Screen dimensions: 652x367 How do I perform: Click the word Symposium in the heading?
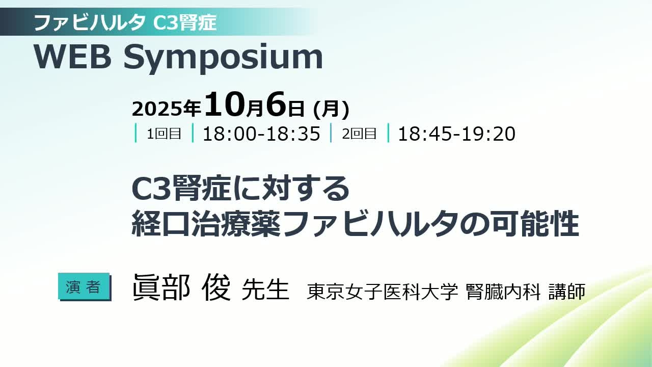(223, 58)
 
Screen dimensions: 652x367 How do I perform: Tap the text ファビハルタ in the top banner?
(90, 22)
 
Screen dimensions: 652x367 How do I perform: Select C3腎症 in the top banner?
(184, 22)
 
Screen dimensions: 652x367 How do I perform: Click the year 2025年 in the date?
(167, 109)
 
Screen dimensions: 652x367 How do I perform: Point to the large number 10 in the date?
(225, 104)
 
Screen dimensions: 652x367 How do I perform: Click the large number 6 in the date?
(276, 104)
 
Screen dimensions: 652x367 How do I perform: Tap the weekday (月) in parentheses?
(331, 109)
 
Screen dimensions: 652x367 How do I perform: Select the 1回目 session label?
(164, 134)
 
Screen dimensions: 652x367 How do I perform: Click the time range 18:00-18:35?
(261, 134)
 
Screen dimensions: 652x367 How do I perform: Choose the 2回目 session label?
(359, 134)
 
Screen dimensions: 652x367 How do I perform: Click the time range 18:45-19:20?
(456, 134)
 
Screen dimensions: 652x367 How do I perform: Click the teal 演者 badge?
(84, 286)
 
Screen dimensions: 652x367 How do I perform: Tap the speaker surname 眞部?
(161, 287)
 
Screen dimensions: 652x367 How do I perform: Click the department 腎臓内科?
(503, 292)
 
